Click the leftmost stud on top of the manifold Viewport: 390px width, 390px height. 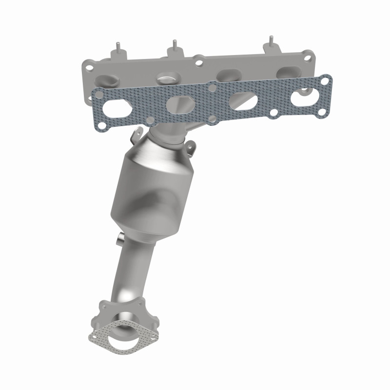click(x=117, y=48)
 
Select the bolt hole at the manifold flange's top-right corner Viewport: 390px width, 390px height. click(x=307, y=57)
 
